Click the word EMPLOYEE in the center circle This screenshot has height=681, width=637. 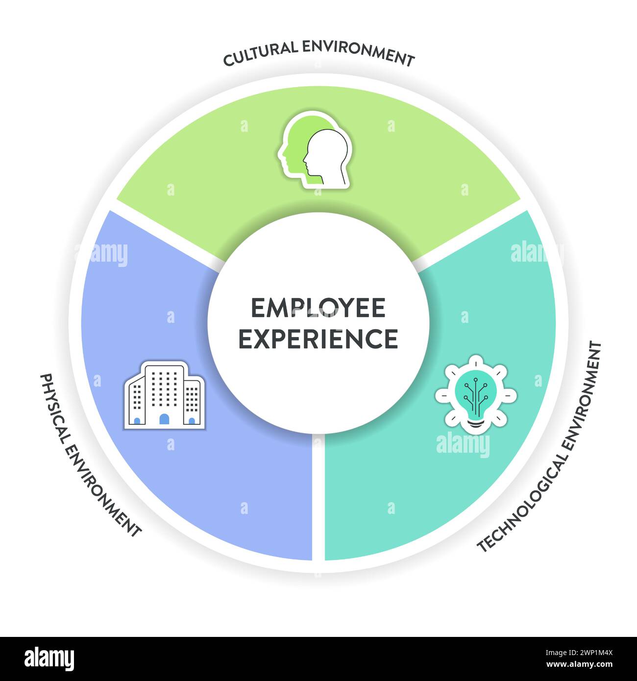pos(318,308)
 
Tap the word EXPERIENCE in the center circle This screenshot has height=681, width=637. pos(318,339)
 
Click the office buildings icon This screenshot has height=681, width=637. pos(165,395)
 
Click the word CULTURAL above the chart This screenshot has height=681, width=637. pos(260,54)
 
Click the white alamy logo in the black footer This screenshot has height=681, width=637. pos(49,658)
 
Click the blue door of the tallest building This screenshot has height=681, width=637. pos(164,419)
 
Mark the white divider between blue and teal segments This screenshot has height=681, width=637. pos(318,495)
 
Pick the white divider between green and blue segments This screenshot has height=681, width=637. pos(167,233)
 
